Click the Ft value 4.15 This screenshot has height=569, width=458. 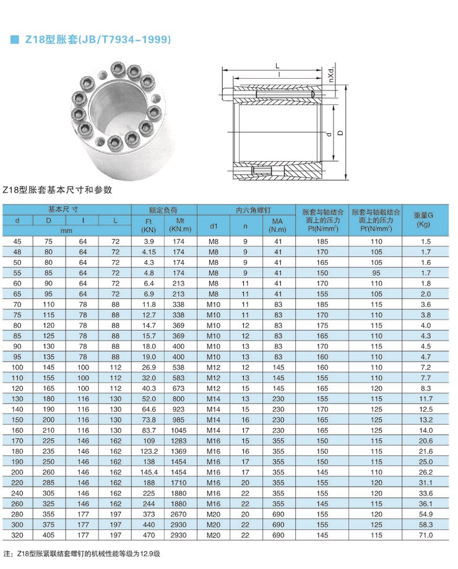pyautogui.click(x=149, y=252)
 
